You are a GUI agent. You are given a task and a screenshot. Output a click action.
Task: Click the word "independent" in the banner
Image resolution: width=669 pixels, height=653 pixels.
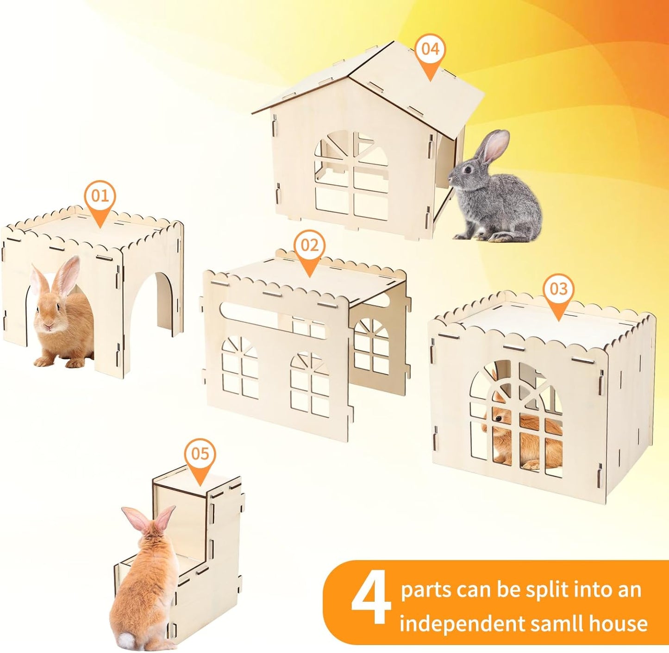tap(463, 623)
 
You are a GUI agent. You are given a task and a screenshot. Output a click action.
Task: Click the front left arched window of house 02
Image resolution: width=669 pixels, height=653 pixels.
tap(240, 368)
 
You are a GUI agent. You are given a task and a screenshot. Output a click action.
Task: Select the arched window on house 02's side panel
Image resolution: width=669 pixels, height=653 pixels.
tap(372, 345)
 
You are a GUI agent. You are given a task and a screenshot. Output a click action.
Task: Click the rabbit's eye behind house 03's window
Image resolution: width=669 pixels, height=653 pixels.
tap(498, 419)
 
